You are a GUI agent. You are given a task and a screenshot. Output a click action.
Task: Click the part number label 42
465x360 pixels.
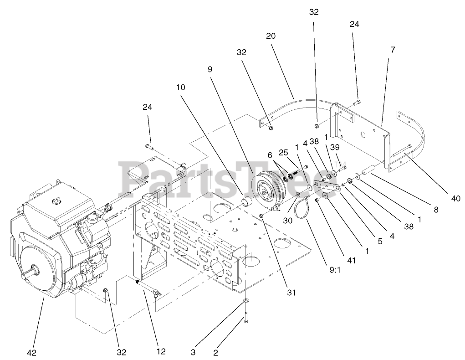31,352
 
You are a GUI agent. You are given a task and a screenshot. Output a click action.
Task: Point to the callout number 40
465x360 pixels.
456,198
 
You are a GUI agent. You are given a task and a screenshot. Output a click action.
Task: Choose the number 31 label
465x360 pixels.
291,293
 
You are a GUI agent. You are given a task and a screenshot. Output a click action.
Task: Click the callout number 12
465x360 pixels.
161,351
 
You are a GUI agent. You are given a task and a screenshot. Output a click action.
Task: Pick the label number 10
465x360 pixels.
180,87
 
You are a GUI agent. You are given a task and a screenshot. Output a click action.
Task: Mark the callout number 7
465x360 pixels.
393,49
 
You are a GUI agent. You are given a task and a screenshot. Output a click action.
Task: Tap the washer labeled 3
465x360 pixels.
245,302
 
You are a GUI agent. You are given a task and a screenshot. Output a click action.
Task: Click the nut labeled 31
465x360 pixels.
262,216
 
